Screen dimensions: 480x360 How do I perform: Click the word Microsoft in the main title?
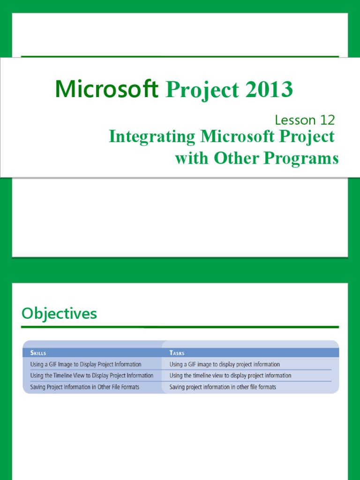click(x=107, y=89)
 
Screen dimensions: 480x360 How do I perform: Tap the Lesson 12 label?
click(x=305, y=120)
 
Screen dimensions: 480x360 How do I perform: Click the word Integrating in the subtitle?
click(x=152, y=137)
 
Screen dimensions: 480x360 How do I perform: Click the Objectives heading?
click(x=59, y=314)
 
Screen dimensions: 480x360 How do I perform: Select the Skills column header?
click(x=38, y=352)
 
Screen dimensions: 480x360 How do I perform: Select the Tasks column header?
click(x=177, y=352)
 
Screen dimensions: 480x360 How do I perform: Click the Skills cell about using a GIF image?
click(x=85, y=364)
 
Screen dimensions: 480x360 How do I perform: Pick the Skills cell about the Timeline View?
click(x=91, y=375)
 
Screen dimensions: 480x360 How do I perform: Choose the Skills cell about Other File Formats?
click(x=84, y=387)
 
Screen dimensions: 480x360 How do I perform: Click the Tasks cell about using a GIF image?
click(x=225, y=364)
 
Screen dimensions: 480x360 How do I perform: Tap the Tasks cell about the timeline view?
click(x=230, y=375)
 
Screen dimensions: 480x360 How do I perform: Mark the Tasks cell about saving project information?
click(x=223, y=387)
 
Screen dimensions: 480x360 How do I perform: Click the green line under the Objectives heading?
click(x=180, y=327)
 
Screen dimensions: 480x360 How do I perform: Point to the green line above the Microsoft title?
click(x=180, y=57)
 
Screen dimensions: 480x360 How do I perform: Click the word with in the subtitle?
click(x=192, y=158)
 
